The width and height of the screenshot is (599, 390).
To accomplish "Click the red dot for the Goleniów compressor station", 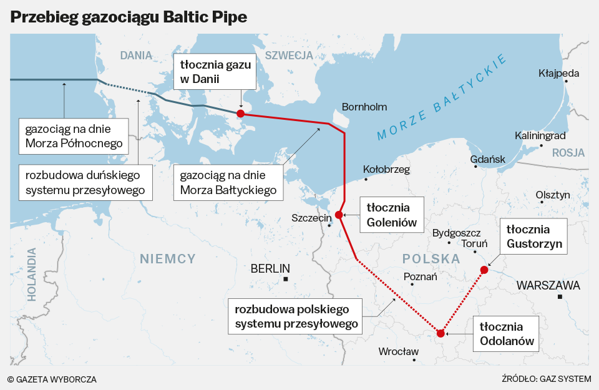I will click(339, 215).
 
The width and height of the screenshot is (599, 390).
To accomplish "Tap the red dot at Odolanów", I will click(441, 333).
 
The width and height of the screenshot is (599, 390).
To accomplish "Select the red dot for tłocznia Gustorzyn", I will click(484, 270).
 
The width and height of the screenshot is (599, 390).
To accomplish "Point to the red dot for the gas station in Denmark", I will click(240, 114).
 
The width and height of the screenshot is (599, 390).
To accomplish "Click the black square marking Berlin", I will click(286, 279).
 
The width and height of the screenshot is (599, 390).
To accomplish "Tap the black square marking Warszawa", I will click(560, 296).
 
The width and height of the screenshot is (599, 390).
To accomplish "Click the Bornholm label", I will click(364, 107).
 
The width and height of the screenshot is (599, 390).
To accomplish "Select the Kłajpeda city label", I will click(558, 73).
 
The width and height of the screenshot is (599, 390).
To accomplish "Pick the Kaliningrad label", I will click(540, 135).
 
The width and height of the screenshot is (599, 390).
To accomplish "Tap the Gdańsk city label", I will click(488, 159).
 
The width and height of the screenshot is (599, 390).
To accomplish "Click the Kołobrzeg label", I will click(386, 169).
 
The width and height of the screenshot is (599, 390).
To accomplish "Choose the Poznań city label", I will click(421, 276).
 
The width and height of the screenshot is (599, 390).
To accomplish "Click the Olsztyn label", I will click(553, 195).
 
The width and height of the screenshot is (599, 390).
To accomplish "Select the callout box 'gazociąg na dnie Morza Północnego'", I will click(74, 136).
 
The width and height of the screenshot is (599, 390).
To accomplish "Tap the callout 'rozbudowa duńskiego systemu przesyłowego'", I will click(85, 182).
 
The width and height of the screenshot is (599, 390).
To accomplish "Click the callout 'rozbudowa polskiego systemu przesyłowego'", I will click(296, 316).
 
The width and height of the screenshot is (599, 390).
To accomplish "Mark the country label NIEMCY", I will click(168, 258).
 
